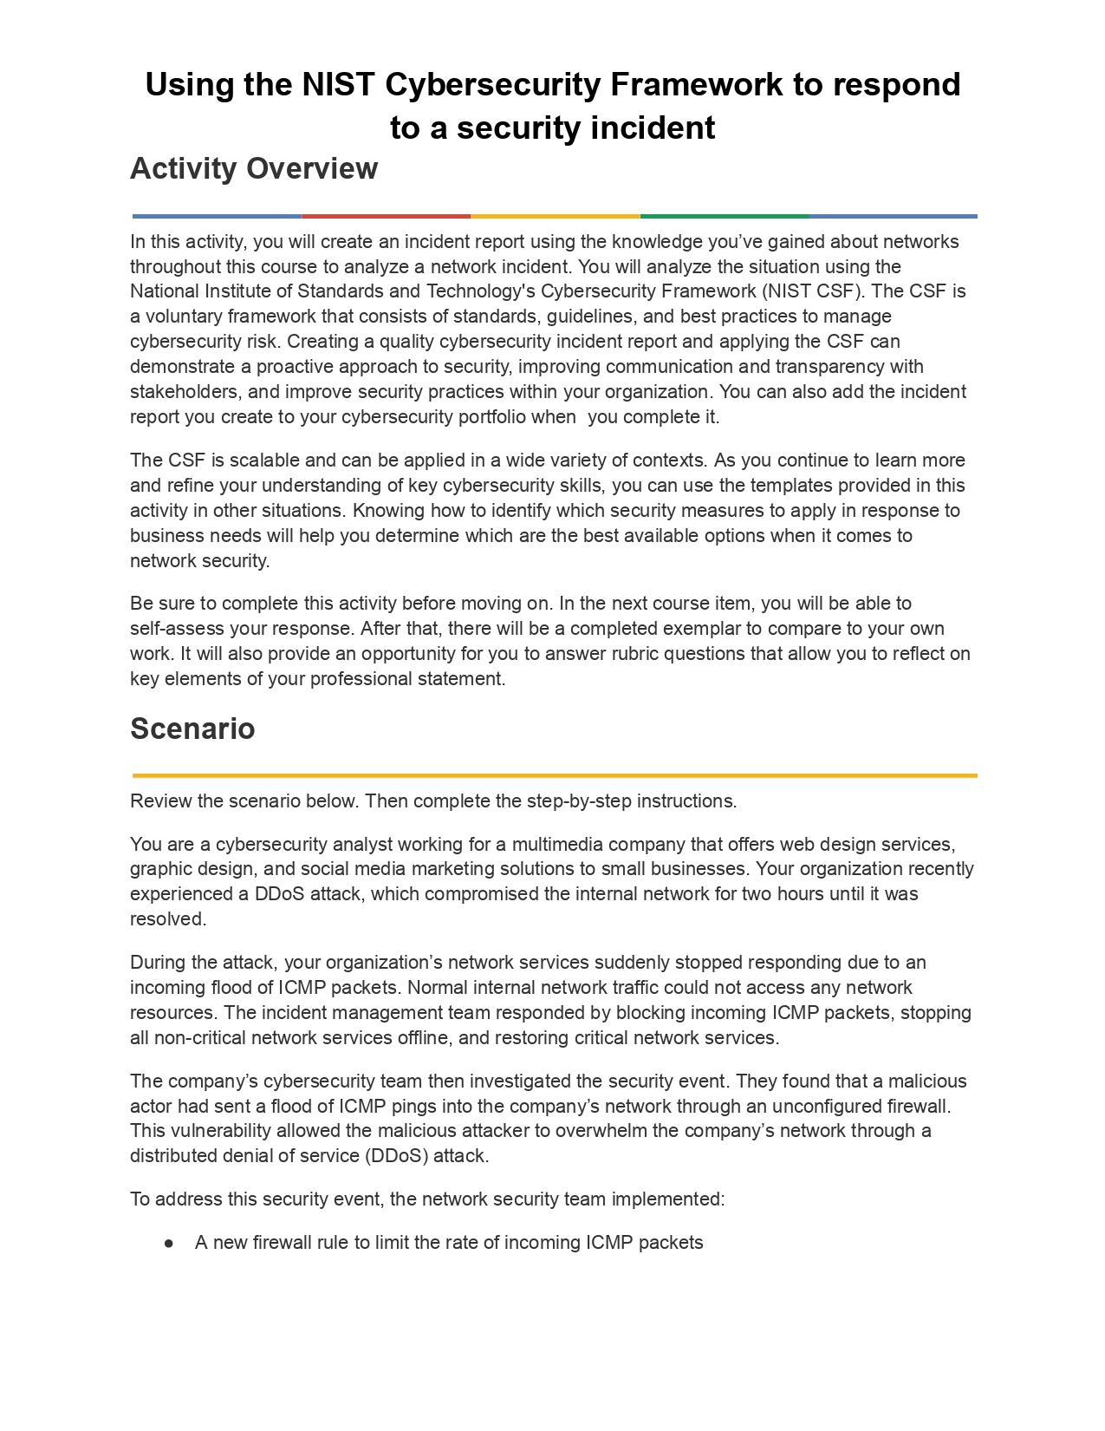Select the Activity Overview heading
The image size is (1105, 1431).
pos(254,168)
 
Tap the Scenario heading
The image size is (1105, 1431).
pos(192,729)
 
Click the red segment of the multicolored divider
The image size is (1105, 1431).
pos(386,216)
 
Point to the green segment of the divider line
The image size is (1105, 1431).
pos(724,216)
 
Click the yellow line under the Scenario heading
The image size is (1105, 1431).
pos(555,775)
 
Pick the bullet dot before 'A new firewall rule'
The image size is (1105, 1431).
pos(169,1243)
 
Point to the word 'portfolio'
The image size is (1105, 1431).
pos(491,417)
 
